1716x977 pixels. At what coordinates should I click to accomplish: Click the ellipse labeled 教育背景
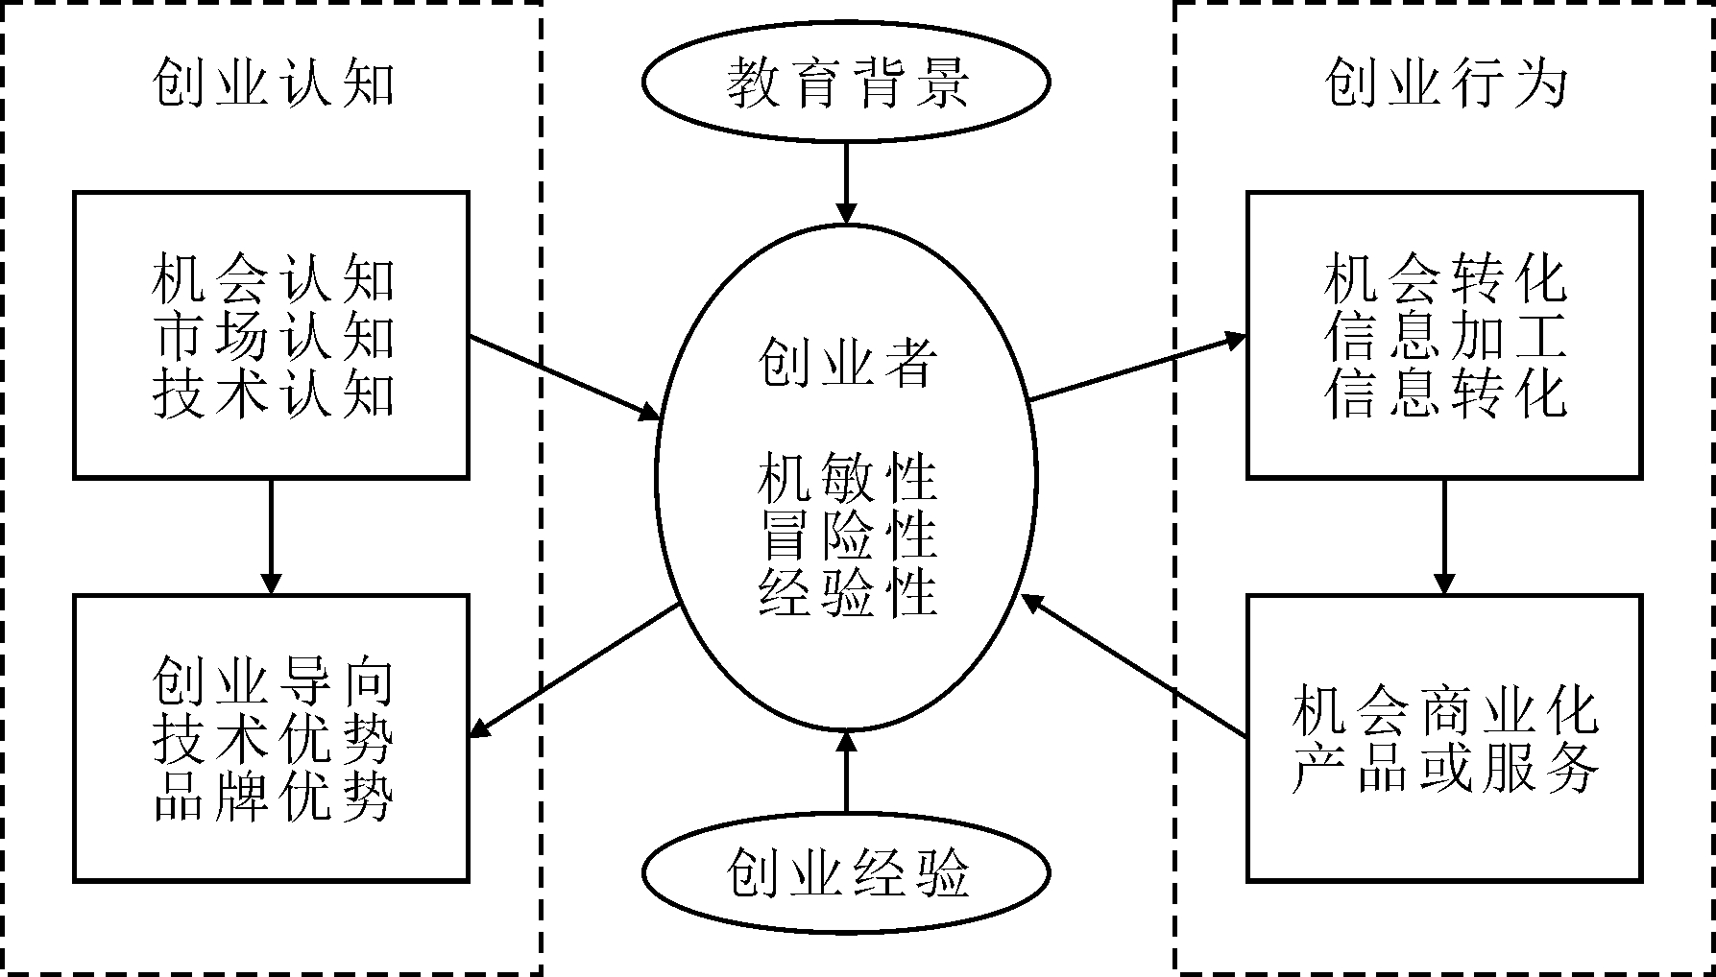(x=845, y=83)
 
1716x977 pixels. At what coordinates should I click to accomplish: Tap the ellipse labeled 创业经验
(x=845, y=872)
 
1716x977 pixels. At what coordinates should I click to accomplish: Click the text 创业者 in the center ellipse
(x=846, y=364)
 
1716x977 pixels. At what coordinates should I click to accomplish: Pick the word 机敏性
(x=846, y=479)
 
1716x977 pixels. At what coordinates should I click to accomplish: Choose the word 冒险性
(x=846, y=535)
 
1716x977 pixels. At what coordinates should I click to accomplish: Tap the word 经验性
(x=846, y=592)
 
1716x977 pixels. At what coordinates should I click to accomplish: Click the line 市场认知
(x=273, y=337)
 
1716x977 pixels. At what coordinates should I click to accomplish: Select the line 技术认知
(x=273, y=393)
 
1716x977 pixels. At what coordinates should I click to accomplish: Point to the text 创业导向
(x=273, y=682)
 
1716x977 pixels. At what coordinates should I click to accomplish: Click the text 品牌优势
(x=273, y=797)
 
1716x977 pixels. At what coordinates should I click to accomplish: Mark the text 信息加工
(x=1445, y=337)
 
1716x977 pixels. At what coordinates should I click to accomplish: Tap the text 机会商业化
(x=1445, y=711)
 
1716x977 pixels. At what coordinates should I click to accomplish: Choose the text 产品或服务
(x=1445, y=769)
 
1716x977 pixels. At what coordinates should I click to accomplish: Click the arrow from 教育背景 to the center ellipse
(x=846, y=182)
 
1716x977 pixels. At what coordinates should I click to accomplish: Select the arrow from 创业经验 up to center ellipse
(x=846, y=773)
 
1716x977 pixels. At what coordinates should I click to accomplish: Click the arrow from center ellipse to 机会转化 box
(x=1137, y=368)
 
